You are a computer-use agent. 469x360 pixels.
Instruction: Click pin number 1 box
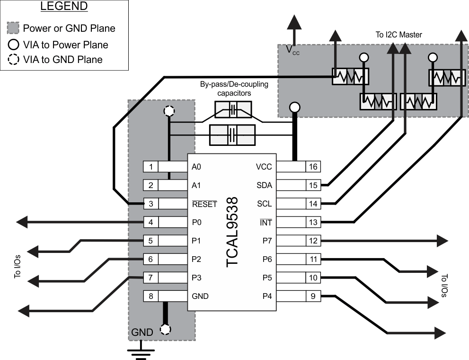[150, 167]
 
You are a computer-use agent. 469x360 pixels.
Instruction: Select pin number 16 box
[313, 167]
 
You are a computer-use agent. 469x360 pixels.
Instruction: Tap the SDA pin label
[264, 185]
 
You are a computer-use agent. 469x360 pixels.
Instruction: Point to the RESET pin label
[204, 204]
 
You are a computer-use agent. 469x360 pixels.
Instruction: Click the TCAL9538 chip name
[233, 232]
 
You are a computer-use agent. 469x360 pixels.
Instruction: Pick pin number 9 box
[313, 297]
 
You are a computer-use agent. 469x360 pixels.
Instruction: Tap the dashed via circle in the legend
[14, 60]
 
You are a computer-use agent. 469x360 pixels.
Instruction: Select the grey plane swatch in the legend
[14, 28]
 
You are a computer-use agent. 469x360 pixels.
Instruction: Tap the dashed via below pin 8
[165, 329]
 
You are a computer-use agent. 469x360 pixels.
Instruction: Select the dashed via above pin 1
[168, 111]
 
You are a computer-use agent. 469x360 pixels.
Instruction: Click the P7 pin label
[267, 241]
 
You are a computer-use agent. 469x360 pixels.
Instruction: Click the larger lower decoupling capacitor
[232, 134]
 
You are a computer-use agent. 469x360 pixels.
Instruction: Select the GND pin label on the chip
[200, 297]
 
